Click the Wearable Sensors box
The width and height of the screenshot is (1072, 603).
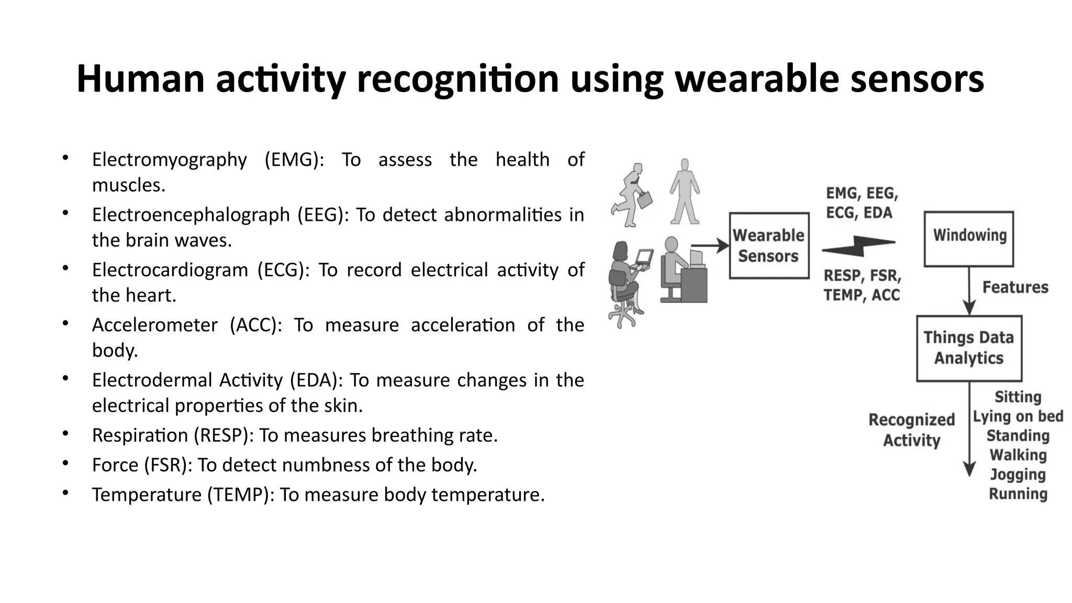click(768, 245)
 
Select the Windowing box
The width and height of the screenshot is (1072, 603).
click(969, 239)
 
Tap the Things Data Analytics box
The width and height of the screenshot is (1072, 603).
click(969, 348)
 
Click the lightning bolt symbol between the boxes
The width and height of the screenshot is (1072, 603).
click(859, 246)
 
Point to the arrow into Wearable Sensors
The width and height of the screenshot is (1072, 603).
click(710, 245)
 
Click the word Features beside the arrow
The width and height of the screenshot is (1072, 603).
click(1015, 287)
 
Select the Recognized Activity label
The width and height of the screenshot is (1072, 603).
click(911, 430)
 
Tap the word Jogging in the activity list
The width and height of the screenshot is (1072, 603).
click(1018, 474)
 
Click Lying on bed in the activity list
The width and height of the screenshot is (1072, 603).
click(1018, 416)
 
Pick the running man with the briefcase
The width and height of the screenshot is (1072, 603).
click(631, 195)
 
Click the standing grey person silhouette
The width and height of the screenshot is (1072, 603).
click(685, 192)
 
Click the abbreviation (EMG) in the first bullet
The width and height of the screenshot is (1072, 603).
click(294, 160)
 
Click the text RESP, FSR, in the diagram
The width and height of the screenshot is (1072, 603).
click(862, 275)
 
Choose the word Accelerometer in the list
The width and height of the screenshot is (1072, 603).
click(154, 325)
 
